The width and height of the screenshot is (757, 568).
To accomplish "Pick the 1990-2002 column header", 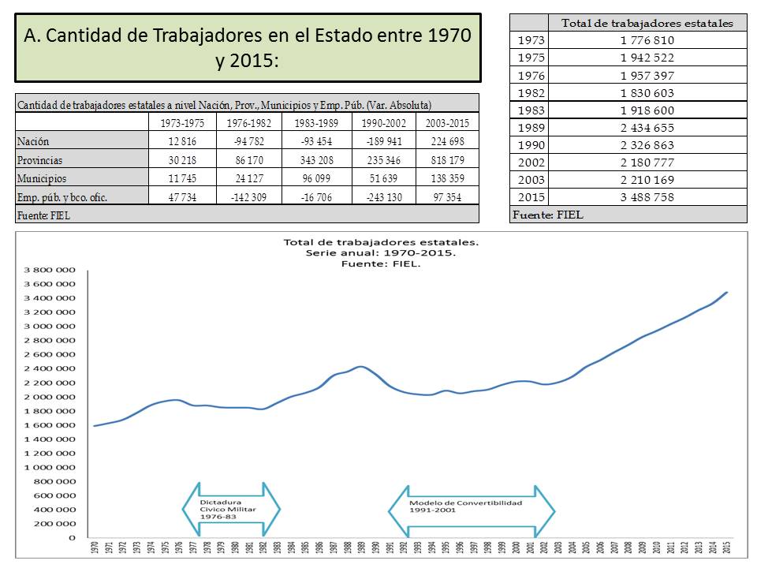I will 384,122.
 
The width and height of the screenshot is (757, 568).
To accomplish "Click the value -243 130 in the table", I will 384,198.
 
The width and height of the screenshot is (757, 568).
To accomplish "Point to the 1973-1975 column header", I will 182,122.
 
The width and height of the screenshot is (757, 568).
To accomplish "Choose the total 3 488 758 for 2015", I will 647,197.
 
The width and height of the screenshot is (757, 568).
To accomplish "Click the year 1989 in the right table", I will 528,128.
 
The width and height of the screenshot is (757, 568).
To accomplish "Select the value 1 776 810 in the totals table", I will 647,40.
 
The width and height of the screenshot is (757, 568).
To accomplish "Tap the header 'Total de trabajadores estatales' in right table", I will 647,23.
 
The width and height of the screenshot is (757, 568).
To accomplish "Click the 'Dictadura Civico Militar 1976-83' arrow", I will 231,511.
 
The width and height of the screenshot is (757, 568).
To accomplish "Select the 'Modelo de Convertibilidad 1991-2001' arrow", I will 471,511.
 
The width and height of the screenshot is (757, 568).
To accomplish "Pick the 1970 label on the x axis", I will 95,548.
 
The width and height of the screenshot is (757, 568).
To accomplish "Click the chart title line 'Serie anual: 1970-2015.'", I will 381,253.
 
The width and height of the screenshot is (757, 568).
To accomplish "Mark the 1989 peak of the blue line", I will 360,366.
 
